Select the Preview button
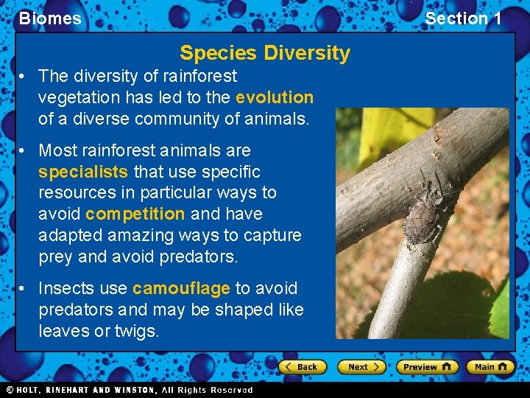(x=427, y=366)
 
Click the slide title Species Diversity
(x=265, y=53)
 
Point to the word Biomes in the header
(x=50, y=18)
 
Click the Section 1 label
(x=463, y=18)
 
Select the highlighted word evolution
(x=275, y=97)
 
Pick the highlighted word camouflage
(x=181, y=288)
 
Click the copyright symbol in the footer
(x=10, y=389)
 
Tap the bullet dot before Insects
(x=24, y=288)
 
